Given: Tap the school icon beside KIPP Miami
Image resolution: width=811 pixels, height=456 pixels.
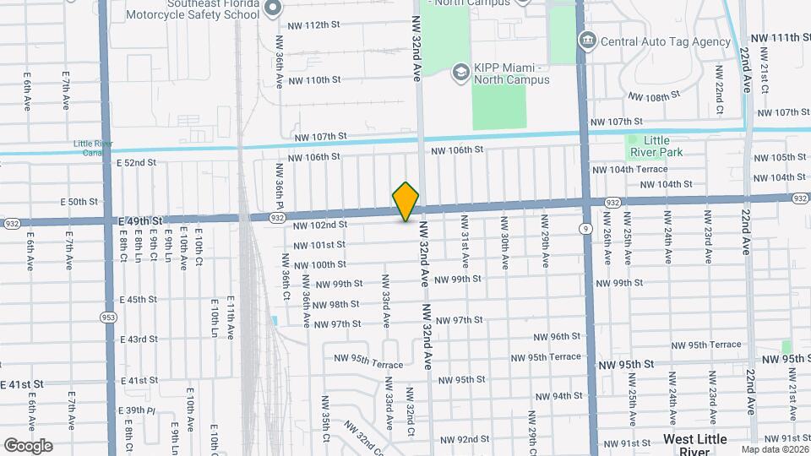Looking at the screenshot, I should pyautogui.click(x=460, y=72).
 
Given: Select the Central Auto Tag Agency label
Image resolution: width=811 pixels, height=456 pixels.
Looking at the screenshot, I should pyautogui.click(x=665, y=41).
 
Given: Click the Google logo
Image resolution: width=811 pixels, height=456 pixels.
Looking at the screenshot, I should pyautogui.click(x=28, y=445).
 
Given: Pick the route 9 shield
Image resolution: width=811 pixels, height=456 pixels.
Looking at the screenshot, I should pyautogui.click(x=585, y=228).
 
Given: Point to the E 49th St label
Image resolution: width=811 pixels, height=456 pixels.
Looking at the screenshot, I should pyautogui.click(x=139, y=220).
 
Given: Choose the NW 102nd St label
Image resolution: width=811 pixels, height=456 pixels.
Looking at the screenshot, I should pyautogui.click(x=320, y=225).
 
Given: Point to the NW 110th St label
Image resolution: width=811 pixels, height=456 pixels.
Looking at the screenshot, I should pyautogui.click(x=313, y=80).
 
